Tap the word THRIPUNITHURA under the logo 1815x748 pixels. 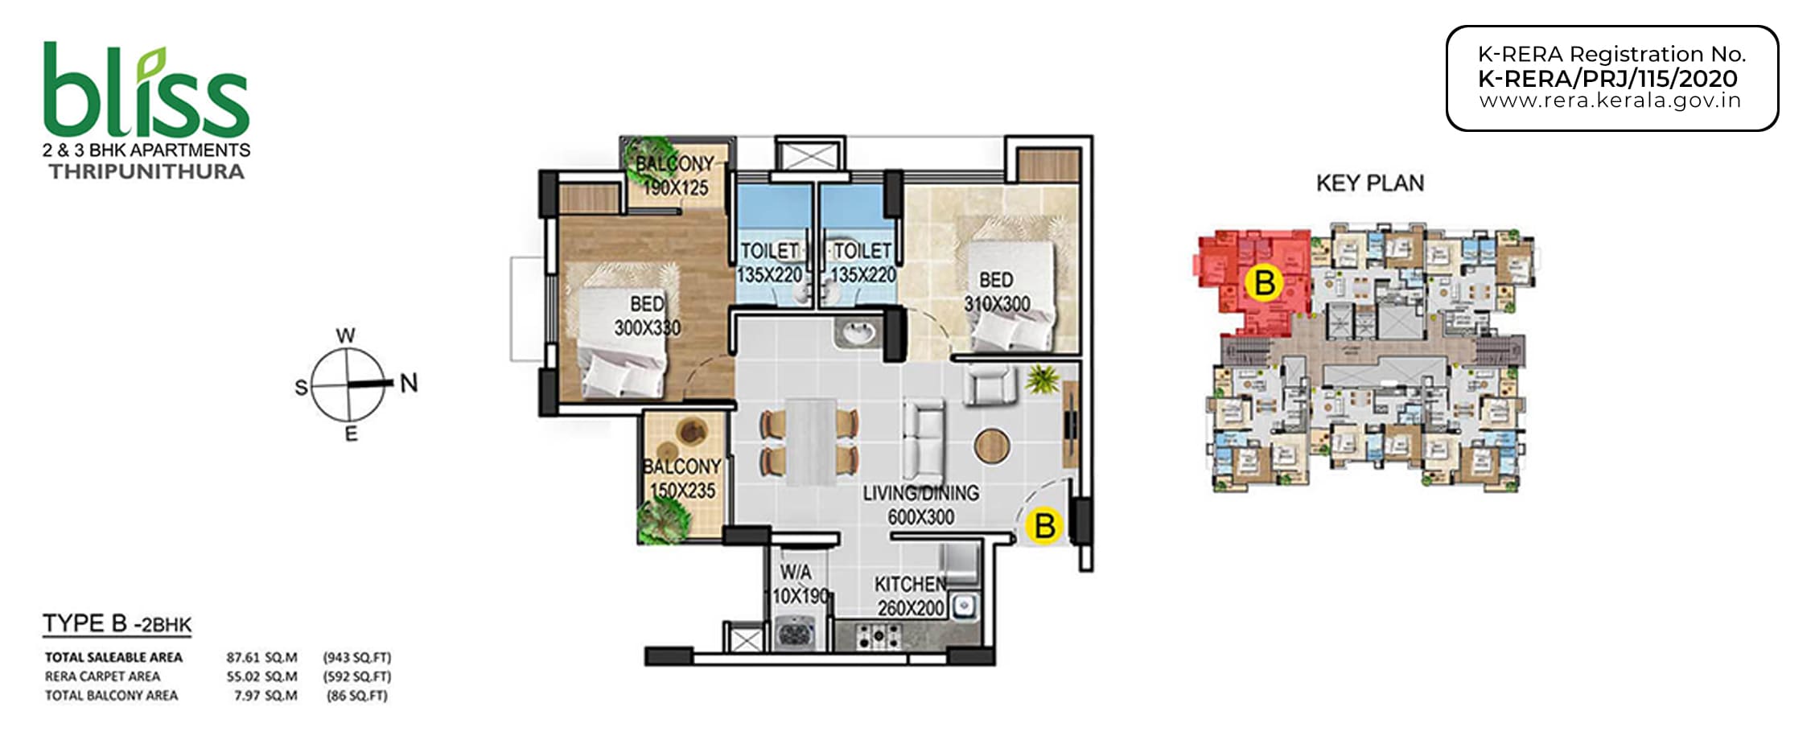pyautogui.click(x=146, y=171)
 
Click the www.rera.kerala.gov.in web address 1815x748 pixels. pyautogui.click(x=1611, y=101)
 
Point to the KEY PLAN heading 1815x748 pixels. pyautogui.click(x=1369, y=183)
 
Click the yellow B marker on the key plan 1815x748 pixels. pyautogui.click(x=1264, y=283)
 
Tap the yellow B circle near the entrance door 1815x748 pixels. pyautogui.click(x=1044, y=526)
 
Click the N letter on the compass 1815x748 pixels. pyautogui.click(x=409, y=383)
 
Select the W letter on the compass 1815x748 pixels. pyautogui.click(x=345, y=335)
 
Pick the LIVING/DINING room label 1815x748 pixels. pyautogui.click(x=921, y=493)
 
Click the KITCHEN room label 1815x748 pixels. pyautogui.click(x=910, y=584)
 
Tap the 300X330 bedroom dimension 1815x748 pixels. pyautogui.click(x=647, y=328)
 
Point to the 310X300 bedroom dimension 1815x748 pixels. pyautogui.click(x=997, y=304)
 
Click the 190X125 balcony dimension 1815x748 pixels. pyautogui.click(x=675, y=188)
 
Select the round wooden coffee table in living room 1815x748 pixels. pyautogui.click(x=991, y=445)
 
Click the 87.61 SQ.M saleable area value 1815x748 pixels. pyautogui.click(x=261, y=657)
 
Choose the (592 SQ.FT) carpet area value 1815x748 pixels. pyautogui.click(x=357, y=676)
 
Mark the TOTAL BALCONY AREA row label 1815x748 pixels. pyautogui.click(x=111, y=696)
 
